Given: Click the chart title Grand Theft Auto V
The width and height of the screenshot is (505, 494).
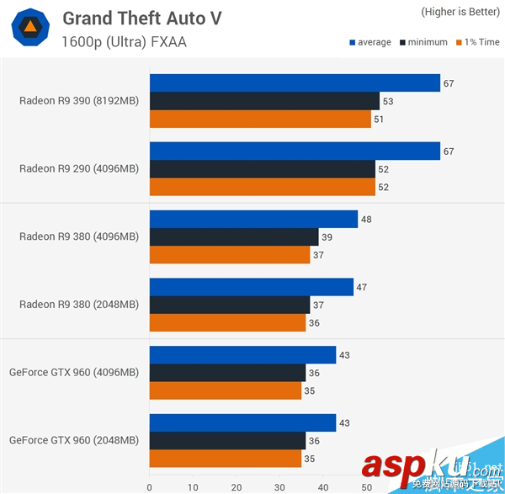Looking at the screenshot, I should pyautogui.click(x=141, y=19).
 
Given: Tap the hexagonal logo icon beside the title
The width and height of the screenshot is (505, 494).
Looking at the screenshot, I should pyautogui.click(x=29, y=29).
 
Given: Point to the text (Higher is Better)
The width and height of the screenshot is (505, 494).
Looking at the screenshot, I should pyautogui.click(x=459, y=12).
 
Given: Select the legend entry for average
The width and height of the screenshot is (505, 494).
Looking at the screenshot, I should pyautogui.click(x=369, y=42).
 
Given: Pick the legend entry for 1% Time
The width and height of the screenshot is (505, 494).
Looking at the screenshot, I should pyautogui.click(x=476, y=42).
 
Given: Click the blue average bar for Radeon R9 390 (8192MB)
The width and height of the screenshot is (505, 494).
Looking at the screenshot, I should pyautogui.click(x=295, y=82).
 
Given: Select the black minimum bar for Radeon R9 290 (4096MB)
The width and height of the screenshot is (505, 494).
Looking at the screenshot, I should pyautogui.click(x=263, y=168).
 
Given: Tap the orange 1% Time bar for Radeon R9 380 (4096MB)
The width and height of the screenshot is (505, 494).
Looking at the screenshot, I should pyautogui.click(x=229, y=255).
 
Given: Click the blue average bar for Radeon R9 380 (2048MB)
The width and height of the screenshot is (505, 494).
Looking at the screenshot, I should pyautogui.click(x=251, y=287).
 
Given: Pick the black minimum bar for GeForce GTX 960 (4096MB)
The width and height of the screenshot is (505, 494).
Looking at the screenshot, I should pyautogui.click(x=227, y=372).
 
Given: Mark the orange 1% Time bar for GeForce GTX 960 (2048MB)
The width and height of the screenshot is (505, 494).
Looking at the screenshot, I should pyautogui.click(x=226, y=459).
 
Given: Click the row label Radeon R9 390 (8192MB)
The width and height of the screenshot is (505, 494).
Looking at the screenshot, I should pyautogui.click(x=79, y=101).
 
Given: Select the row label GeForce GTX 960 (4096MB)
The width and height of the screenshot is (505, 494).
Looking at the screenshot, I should pyautogui.click(x=74, y=372).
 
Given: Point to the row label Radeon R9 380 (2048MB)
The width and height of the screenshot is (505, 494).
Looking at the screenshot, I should pyautogui.click(x=79, y=305).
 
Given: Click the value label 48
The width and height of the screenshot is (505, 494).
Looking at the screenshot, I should pyautogui.click(x=366, y=220).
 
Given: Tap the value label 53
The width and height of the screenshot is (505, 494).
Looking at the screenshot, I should pyautogui.click(x=387, y=101).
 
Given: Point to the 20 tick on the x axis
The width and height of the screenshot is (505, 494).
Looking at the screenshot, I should pyautogui.click(x=237, y=486).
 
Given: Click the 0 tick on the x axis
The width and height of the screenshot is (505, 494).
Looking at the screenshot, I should pyautogui.click(x=150, y=486).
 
